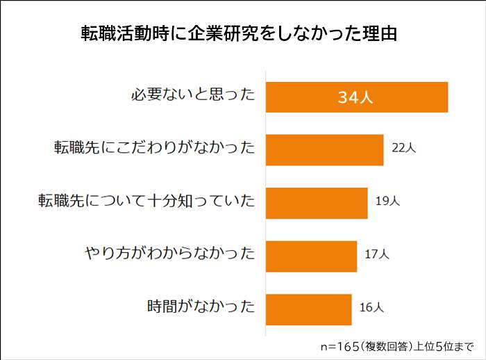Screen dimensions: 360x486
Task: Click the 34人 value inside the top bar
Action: click(x=355, y=97)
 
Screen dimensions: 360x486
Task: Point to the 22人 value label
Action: click(x=403, y=149)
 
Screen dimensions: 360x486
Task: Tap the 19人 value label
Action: click(x=387, y=202)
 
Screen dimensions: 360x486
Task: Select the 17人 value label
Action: click(x=377, y=255)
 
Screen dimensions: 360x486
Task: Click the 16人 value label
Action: click(x=371, y=308)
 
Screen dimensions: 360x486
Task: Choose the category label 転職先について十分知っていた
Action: click(x=146, y=202)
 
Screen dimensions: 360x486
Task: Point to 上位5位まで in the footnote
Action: click(x=444, y=345)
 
